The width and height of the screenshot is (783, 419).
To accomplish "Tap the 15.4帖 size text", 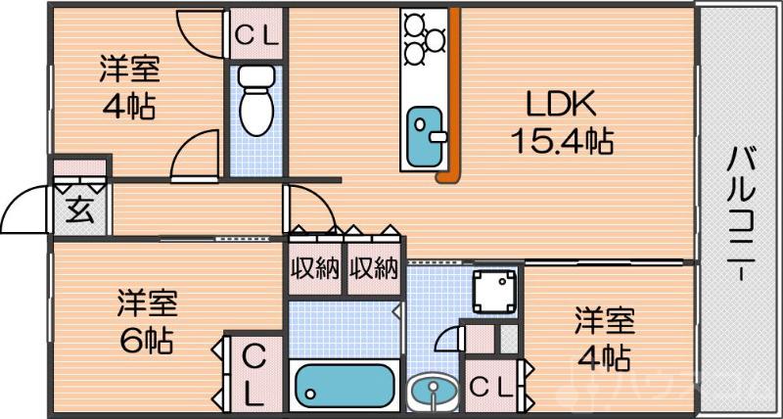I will (562, 142).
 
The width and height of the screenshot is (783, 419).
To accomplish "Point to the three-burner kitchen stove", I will (424, 37).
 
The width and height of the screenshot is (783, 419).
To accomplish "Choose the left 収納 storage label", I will (314, 268).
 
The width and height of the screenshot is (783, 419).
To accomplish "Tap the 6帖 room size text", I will (148, 342).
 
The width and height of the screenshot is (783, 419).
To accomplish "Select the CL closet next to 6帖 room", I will (252, 374).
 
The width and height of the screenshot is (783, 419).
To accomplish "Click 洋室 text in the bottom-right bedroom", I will (603, 320).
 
